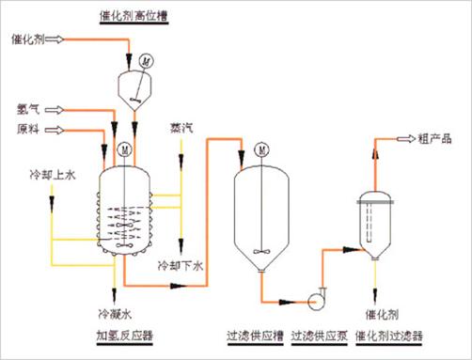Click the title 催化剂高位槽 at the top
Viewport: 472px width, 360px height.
[x=134, y=16]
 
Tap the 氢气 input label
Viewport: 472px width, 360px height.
[x=28, y=109]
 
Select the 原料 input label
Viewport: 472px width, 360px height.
[x=28, y=129]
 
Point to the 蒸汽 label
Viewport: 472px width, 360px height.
[x=181, y=128]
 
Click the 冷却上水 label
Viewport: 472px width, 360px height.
[x=53, y=175]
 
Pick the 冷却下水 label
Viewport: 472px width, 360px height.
[x=181, y=266]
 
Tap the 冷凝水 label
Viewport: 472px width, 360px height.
[x=115, y=314]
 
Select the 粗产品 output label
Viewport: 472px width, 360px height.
[x=434, y=138]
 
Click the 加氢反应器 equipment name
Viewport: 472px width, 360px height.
[x=124, y=336]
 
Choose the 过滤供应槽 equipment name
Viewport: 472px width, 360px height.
[x=255, y=336]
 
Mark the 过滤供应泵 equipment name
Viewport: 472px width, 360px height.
[x=320, y=336]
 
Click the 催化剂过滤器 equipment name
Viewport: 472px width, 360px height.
[x=389, y=336]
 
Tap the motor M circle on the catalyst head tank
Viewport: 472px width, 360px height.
[x=146, y=61]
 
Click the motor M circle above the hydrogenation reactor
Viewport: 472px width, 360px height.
[x=124, y=149]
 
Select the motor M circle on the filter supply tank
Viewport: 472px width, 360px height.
[x=262, y=150]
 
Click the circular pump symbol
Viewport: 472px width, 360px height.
[x=314, y=302]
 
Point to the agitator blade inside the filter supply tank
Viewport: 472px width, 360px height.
[x=261, y=251]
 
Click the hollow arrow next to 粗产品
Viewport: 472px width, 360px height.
[x=406, y=138]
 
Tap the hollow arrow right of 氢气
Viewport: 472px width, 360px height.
[x=55, y=110]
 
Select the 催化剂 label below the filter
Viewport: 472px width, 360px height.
[x=382, y=314]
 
